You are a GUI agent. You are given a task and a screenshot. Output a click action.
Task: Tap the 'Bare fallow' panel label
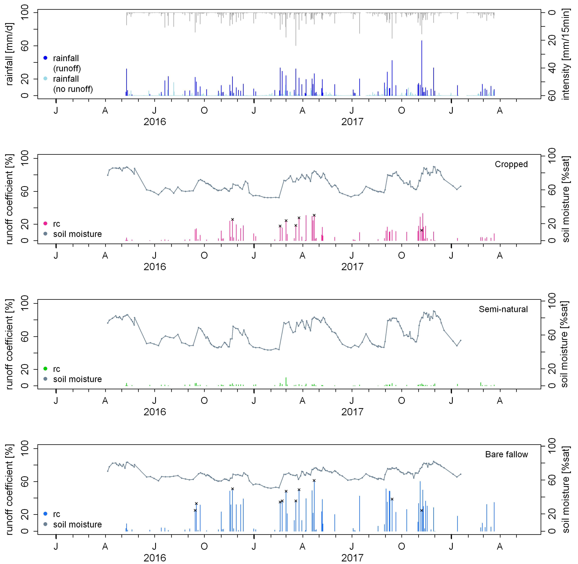(x=506, y=454)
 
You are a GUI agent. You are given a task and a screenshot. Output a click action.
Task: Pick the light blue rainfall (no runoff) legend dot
(x=45, y=78)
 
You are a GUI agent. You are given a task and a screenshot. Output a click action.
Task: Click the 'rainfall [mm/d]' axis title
(x=9, y=54)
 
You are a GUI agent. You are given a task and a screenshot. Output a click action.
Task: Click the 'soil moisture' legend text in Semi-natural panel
(x=77, y=379)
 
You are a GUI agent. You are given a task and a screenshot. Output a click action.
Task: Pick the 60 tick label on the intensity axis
(x=552, y=96)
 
